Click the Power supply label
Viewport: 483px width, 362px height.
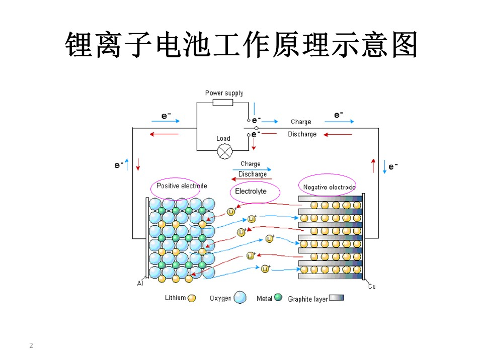pyautogui.click(x=224, y=93)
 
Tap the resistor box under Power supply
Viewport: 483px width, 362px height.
pyautogui.click(x=223, y=103)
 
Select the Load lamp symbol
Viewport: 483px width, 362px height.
pyautogui.click(x=225, y=151)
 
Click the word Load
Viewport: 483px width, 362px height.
pyautogui.click(x=223, y=138)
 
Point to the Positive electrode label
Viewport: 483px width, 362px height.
pyautogui.click(x=182, y=186)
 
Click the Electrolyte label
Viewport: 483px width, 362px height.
pyautogui.click(x=251, y=191)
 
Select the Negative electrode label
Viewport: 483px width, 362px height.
pyautogui.click(x=329, y=187)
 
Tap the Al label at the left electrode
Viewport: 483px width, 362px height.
pyautogui.click(x=140, y=283)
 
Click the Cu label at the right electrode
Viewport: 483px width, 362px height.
pyautogui.click(x=372, y=286)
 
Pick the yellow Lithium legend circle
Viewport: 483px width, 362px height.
pyautogui.click(x=192, y=298)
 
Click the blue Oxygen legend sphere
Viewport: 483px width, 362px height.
pyautogui.click(x=240, y=297)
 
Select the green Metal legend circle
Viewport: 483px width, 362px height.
pyautogui.click(x=278, y=297)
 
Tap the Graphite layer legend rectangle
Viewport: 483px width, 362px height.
pyautogui.click(x=337, y=298)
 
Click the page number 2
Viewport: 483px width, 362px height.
pyautogui.click(x=31, y=345)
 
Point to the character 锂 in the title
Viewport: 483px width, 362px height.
pyautogui.click(x=79, y=45)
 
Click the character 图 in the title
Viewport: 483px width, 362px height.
pyautogui.click(x=404, y=45)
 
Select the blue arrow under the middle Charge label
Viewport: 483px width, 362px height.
pyautogui.click(x=252, y=169)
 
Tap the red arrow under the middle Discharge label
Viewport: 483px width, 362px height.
pyautogui.click(x=252, y=179)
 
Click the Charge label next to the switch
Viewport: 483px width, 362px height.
pyautogui.click(x=301, y=122)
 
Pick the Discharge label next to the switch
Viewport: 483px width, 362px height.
pyautogui.click(x=302, y=134)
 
